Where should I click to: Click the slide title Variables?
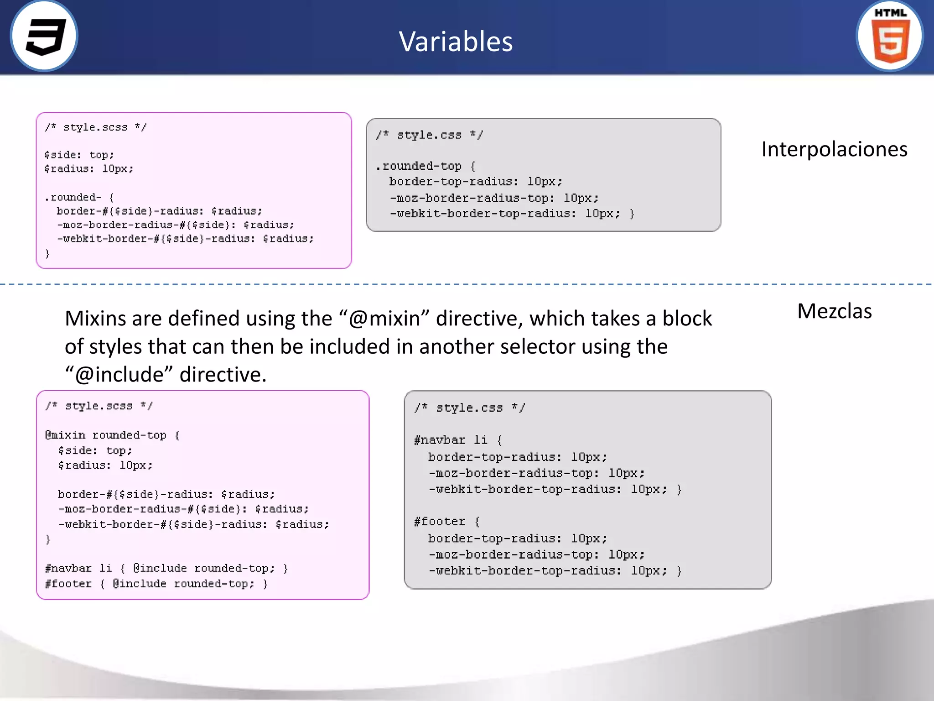[x=456, y=42]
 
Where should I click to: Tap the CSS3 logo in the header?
[x=44, y=36]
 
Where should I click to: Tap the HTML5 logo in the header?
[x=890, y=36]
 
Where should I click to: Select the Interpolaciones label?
[x=834, y=149]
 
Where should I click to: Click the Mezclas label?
[x=834, y=311]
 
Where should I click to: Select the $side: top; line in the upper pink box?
[x=79, y=155]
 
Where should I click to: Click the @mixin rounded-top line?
[x=112, y=435]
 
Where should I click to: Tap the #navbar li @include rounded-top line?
[x=166, y=568]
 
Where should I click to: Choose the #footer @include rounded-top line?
[x=156, y=584]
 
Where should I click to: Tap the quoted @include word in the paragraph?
[x=119, y=375]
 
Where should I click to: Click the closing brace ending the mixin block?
[x=48, y=539]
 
